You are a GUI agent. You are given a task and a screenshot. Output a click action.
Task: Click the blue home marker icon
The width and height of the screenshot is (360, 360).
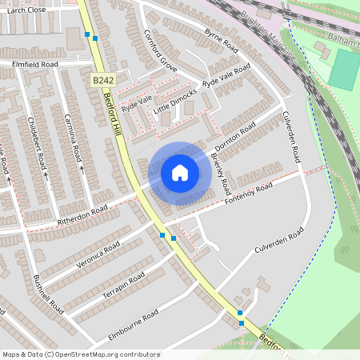click(x=180, y=173)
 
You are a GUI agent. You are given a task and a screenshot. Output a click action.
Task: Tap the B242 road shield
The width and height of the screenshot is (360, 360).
click(x=102, y=81)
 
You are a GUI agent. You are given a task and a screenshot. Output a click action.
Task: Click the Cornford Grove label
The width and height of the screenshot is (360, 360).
click(x=160, y=50)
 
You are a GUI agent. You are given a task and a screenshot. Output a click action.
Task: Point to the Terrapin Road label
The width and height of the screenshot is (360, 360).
click(x=123, y=286)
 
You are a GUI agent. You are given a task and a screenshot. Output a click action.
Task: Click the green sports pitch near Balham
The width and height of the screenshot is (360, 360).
click(x=343, y=69)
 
